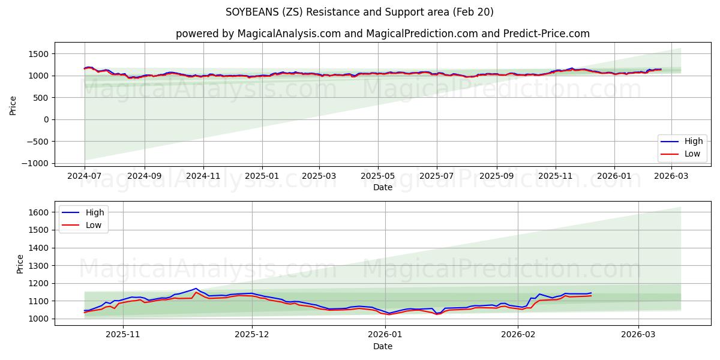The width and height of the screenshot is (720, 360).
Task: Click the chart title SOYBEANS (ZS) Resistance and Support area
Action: (x=359, y=12)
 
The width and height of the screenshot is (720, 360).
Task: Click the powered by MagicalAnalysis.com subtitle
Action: (x=382, y=34)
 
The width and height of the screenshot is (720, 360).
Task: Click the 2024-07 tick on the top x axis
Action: (x=85, y=176)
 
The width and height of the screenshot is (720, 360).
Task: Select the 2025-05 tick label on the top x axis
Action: (x=378, y=176)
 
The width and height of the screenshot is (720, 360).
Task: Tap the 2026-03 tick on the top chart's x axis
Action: (x=671, y=176)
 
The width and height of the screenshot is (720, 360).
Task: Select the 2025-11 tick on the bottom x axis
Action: (x=123, y=335)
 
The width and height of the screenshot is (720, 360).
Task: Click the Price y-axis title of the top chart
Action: (x=13, y=104)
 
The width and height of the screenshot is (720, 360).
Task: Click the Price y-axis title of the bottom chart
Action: (x=20, y=263)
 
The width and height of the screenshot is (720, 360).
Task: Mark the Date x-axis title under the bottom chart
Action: (x=382, y=346)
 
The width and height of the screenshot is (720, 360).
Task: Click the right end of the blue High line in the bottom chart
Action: (x=591, y=293)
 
